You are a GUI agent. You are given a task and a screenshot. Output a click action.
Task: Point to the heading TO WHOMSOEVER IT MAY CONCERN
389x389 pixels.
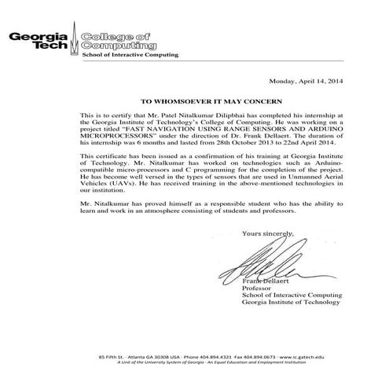tap(193, 103)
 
